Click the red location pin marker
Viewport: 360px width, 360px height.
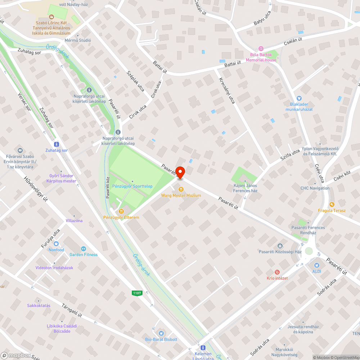(179, 172)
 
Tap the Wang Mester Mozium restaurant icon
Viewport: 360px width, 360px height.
(181, 189)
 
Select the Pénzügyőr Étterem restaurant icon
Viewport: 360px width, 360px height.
(121, 211)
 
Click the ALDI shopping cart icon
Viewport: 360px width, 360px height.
(316, 265)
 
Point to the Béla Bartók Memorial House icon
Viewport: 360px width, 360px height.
(261, 49)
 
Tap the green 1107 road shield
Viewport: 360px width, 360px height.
(137, 293)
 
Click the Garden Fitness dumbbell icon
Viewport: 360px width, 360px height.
(84, 248)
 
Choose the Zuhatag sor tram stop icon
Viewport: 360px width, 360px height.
(57, 144)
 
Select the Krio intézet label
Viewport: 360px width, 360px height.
(277, 278)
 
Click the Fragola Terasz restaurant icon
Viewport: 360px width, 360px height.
(332, 204)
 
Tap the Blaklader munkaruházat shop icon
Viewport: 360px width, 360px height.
(299, 98)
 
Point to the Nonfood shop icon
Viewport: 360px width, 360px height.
(57, 244)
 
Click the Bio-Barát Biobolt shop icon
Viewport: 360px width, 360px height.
(161, 333)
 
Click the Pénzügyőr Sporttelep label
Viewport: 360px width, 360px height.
(132, 186)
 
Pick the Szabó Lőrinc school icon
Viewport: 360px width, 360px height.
(51, 17)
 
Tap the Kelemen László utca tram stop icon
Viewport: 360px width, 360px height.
(203, 348)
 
